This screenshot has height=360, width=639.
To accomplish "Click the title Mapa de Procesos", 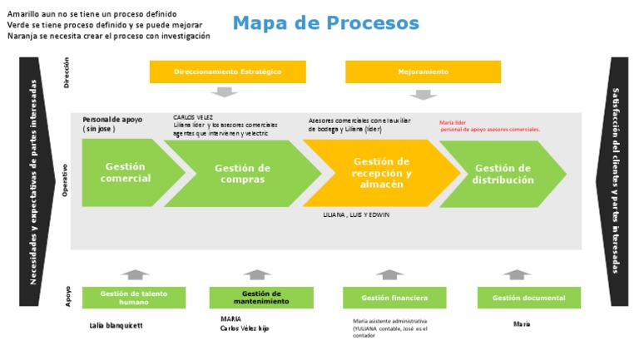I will pyautogui.click(x=325, y=22).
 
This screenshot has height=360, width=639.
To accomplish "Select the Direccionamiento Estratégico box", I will pyautogui.click(x=227, y=72).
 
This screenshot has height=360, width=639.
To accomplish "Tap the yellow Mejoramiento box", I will pyautogui.click(x=423, y=72).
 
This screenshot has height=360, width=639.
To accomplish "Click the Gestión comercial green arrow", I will pyautogui.click(x=126, y=173).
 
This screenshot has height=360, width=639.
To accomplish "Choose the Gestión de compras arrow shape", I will pyautogui.click(x=242, y=174).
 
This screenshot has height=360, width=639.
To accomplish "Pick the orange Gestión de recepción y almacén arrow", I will pyautogui.click(x=381, y=173).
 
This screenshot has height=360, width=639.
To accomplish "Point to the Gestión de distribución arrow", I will pyautogui.click(x=502, y=174).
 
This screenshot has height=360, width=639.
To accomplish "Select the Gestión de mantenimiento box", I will pyautogui.click(x=261, y=298).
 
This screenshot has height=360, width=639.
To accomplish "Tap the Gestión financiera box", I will pyautogui.click(x=394, y=298).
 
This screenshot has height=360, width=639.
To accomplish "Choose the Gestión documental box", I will pyautogui.click(x=528, y=298).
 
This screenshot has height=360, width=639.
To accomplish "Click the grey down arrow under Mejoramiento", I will pyautogui.click(x=423, y=93).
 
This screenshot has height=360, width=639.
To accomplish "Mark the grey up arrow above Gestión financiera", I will pyautogui.click(x=389, y=274).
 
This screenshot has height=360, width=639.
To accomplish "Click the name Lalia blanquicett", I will pyautogui.click(x=116, y=326).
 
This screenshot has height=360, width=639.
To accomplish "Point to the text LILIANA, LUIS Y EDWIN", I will pyautogui.click(x=356, y=215).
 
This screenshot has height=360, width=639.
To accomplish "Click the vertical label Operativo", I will pyautogui.click(x=66, y=180).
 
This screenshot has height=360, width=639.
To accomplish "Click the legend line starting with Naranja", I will pyautogui.click(x=108, y=36).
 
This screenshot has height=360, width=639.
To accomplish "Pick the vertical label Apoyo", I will pyautogui.click(x=67, y=298).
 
